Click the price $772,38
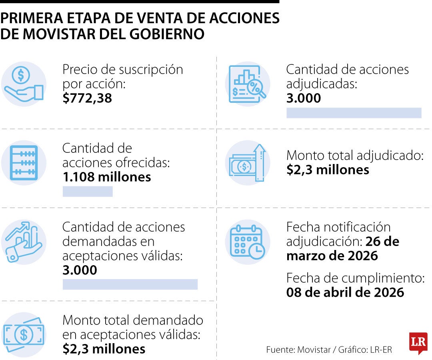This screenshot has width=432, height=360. pyautogui.click(x=87, y=98)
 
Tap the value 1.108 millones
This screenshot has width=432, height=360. pyautogui.click(x=107, y=177)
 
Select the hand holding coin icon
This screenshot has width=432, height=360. pyautogui.click(x=24, y=84)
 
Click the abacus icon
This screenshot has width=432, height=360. pyautogui.click(x=24, y=163)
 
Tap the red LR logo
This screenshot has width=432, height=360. pyautogui.click(x=418, y=342)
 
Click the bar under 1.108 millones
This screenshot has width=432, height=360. pyautogui.click(x=88, y=192)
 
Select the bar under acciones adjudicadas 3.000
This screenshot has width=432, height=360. pyautogui.click(x=354, y=113)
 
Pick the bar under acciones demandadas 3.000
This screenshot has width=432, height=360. pyautogui.click(x=130, y=284)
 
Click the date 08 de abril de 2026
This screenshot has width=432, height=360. pyautogui.click(x=345, y=292)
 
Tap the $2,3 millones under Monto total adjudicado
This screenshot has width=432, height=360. pyautogui.click(x=328, y=170)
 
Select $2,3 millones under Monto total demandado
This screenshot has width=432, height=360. pyautogui.click(x=104, y=349)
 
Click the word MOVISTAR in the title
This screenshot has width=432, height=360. pyautogui.click(x=64, y=34)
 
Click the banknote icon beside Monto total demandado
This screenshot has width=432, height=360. pyautogui.click(x=24, y=334)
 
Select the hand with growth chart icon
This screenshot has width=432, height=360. pyautogui.click(x=24, y=242)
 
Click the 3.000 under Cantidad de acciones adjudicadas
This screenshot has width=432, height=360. pyautogui.click(x=304, y=98)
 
